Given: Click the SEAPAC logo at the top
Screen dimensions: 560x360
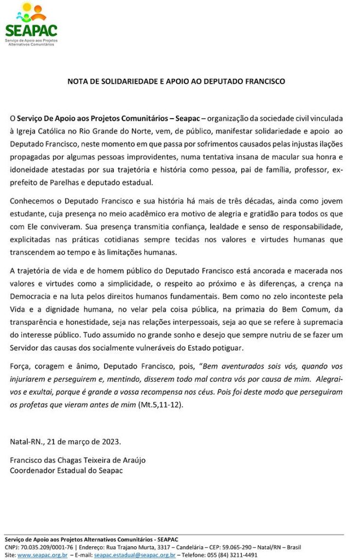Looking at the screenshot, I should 31,24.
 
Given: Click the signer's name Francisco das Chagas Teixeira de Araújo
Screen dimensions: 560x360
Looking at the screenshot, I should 78,460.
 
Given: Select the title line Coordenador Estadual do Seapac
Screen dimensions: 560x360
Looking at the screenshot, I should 66,470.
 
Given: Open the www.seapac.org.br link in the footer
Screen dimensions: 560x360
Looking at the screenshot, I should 42,555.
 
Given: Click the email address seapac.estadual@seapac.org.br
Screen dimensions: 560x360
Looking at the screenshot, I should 135,555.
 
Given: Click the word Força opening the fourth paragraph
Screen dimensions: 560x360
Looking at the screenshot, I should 20,366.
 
